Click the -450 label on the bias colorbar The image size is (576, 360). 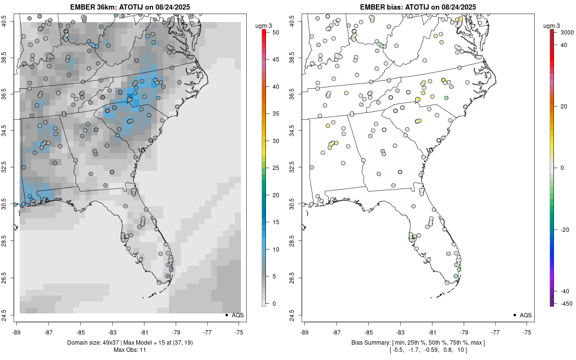564,303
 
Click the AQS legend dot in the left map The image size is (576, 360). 226,315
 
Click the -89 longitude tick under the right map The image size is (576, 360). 304,332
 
